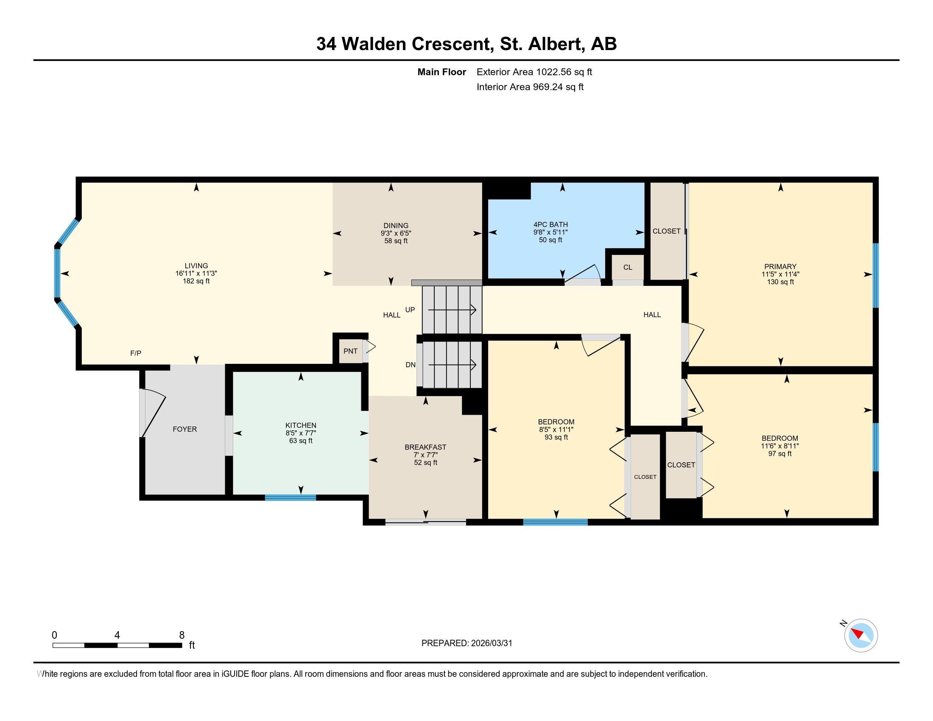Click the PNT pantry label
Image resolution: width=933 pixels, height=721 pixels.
pyautogui.click(x=350, y=351)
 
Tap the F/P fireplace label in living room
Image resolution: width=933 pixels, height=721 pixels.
pyautogui.click(x=136, y=353)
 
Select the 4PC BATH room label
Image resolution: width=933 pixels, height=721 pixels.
pyautogui.click(x=550, y=224)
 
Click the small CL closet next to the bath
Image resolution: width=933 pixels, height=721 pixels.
pyautogui.click(x=627, y=267)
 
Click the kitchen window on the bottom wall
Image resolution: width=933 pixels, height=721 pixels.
pyautogui.click(x=291, y=497)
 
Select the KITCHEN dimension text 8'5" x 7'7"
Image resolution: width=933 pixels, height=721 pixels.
pyautogui.click(x=301, y=433)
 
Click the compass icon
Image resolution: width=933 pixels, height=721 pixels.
pyautogui.click(x=861, y=635)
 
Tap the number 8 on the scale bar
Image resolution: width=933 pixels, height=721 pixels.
pyautogui.click(x=182, y=635)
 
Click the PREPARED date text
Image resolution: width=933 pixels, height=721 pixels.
pyautogui.click(x=466, y=643)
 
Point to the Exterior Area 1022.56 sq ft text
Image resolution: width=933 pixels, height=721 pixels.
pyautogui.click(x=534, y=72)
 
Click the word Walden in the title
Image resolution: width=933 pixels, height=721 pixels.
pyautogui.click(x=373, y=44)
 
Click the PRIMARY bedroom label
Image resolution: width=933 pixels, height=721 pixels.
pyautogui.click(x=780, y=266)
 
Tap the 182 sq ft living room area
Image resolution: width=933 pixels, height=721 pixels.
pyautogui.click(x=196, y=281)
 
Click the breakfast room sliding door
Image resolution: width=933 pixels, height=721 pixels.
pyautogui.click(x=425, y=521)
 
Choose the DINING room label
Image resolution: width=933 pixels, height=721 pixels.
pyautogui.click(x=396, y=226)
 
